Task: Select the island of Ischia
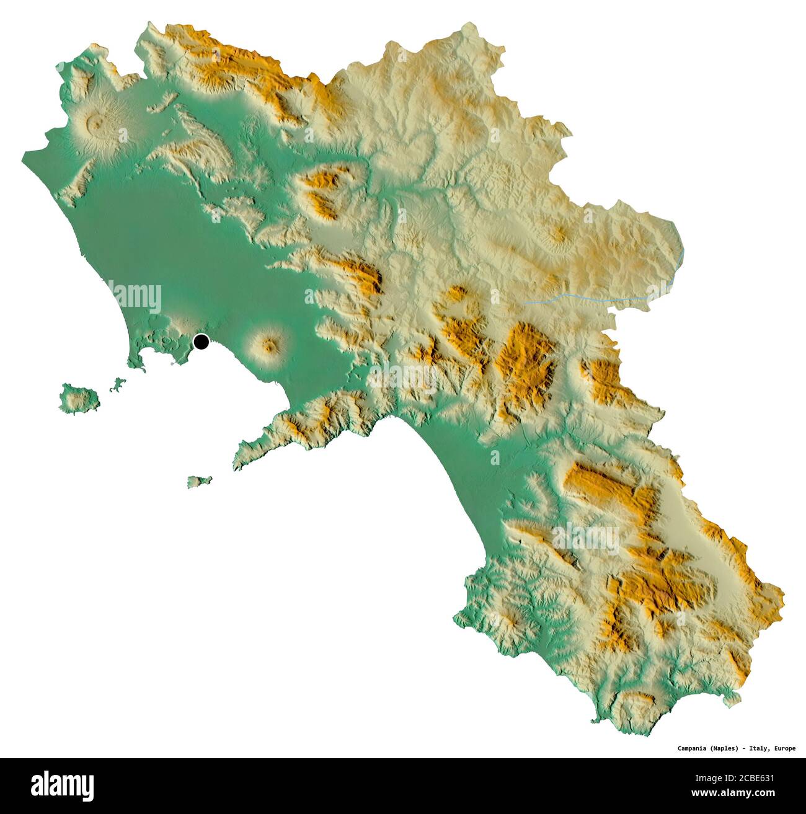(79, 397)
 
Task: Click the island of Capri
(199, 481)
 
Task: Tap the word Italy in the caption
(758, 748)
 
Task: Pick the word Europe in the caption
(784, 748)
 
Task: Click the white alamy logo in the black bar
(63, 785)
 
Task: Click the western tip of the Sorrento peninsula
(236, 464)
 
